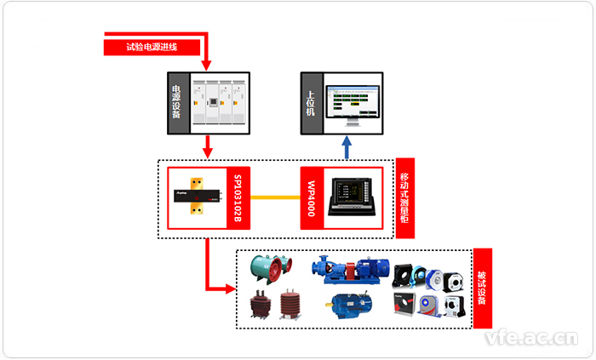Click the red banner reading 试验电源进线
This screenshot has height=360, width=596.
pyautogui.click(x=152, y=47)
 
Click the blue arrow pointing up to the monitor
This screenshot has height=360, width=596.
pyautogui.click(x=347, y=148)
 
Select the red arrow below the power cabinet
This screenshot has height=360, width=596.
pyautogui.click(x=207, y=148)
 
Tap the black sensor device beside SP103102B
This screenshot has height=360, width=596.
pyautogui.click(x=202, y=197)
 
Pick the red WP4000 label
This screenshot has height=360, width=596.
pyautogui.click(x=312, y=198)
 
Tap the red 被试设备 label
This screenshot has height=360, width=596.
pyautogui.click(x=483, y=289)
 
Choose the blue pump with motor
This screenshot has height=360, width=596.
pyautogui.click(x=351, y=270)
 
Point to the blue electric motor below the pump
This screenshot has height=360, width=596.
pyautogui.click(x=348, y=305)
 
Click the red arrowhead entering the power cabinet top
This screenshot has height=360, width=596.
pyautogui.click(x=207, y=67)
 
